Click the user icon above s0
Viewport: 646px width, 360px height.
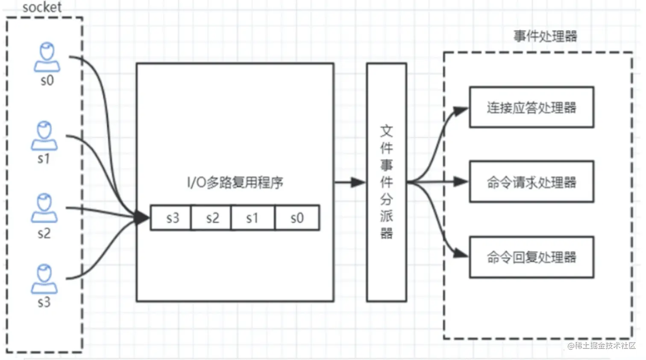(x=47, y=57)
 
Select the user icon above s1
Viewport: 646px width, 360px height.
(x=44, y=136)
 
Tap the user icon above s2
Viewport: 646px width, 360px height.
(x=44, y=208)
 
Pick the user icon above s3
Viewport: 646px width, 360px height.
(x=44, y=279)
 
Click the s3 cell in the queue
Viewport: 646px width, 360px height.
(x=171, y=218)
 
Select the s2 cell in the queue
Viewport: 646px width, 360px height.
(x=211, y=218)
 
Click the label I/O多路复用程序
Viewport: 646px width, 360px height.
(x=235, y=183)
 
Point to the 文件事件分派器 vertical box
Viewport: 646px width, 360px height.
(x=386, y=182)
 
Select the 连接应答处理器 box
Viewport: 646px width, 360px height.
(x=531, y=107)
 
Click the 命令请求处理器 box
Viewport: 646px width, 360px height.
(x=531, y=182)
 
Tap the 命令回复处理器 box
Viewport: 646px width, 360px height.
(x=531, y=258)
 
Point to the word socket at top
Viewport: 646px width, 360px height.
(x=42, y=7)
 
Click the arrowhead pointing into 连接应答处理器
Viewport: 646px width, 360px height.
(x=461, y=111)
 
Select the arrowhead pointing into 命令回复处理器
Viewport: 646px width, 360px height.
(x=461, y=253)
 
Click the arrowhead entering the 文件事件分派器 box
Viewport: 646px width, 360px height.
(x=358, y=183)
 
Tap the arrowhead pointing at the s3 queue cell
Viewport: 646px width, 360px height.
(x=142, y=217)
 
